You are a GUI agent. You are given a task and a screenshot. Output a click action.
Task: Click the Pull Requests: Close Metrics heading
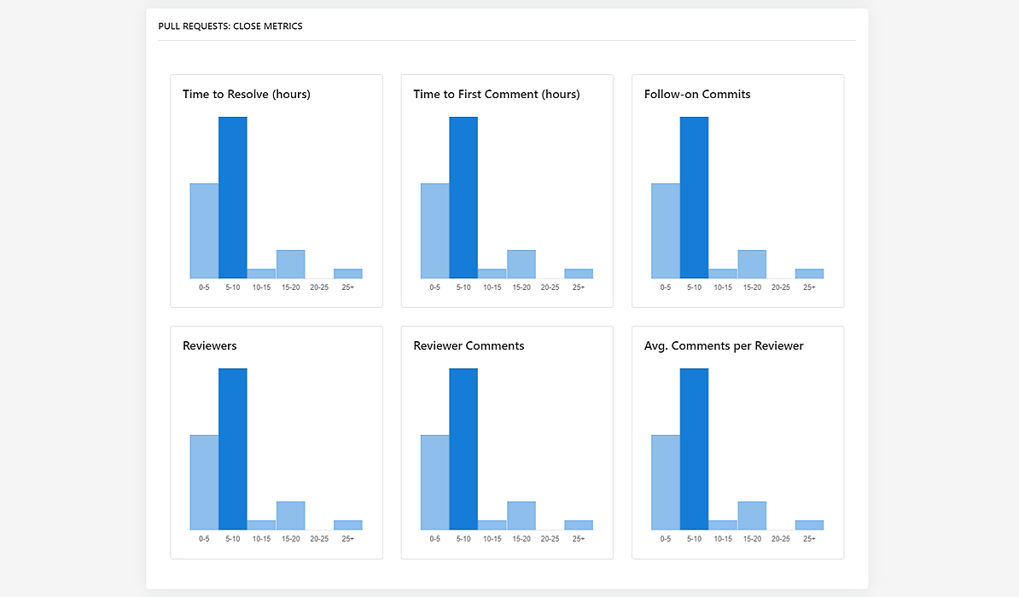(230, 26)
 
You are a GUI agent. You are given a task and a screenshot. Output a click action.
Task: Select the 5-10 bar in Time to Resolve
(233, 198)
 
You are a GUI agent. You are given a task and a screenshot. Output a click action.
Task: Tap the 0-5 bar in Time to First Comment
(435, 231)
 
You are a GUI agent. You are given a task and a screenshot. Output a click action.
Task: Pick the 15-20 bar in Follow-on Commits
(752, 264)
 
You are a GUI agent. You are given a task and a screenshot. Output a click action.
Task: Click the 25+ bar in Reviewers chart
(348, 525)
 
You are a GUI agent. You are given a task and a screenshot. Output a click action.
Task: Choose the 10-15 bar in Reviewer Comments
(492, 525)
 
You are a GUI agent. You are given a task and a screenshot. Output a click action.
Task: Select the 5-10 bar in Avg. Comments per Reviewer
(695, 449)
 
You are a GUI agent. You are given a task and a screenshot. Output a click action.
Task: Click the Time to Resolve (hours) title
(247, 95)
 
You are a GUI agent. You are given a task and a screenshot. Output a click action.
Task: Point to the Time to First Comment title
(497, 95)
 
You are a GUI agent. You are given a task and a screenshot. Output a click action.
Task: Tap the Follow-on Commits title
(697, 95)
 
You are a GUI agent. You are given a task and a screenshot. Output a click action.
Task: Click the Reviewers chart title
(210, 346)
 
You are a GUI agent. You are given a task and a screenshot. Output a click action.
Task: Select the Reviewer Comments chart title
(469, 346)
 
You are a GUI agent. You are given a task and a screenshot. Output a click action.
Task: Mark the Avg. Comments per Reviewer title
(724, 346)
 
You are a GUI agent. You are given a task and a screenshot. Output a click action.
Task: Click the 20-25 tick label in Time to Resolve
(319, 287)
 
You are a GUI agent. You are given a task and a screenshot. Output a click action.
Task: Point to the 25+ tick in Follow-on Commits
(809, 287)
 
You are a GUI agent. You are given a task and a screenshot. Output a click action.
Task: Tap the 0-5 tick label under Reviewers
(204, 539)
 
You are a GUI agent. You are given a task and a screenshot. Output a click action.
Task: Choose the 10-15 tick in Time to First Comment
(492, 287)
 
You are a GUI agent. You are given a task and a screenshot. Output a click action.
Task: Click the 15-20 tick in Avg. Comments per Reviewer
(752, 539)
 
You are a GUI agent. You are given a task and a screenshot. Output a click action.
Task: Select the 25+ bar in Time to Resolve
(348, 274)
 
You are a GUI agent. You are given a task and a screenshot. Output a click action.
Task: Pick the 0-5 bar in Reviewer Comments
(435, 483)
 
